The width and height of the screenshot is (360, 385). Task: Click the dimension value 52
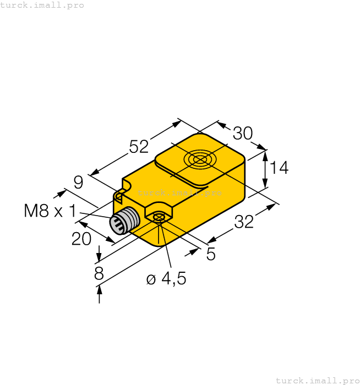(139, 146)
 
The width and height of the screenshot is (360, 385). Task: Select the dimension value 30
(242, 133)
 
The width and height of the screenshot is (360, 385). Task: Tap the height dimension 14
(280, 167)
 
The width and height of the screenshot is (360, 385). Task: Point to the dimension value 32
(244, 222)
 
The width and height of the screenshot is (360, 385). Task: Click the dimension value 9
(78, 181)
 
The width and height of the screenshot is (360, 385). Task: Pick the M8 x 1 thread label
(50, 211)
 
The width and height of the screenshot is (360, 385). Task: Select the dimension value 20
(81, 239)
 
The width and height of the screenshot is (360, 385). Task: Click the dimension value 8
(99, 273)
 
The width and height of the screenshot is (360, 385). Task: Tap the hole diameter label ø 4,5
(166, 279)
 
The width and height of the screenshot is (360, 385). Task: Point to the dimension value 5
(210, 254)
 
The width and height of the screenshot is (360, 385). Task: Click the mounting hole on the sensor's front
(159, 218)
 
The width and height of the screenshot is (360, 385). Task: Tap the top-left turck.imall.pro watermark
(42, 5)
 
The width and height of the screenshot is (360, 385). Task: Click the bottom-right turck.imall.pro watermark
(317, 380)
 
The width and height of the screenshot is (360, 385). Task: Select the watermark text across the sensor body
(179, 193)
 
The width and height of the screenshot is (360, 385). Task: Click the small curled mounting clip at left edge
(118, 195)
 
